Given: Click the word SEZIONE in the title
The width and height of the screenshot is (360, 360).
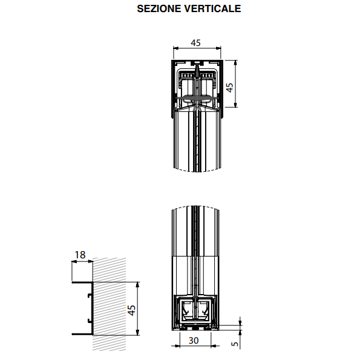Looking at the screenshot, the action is pos(159,8).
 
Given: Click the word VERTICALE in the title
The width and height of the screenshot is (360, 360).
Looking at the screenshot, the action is pos(212,8).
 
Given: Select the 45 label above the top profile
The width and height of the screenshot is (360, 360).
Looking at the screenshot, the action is pos(195,43).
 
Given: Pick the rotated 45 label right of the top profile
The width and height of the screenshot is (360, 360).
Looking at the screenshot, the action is pos(229,87).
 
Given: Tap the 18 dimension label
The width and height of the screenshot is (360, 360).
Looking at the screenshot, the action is pos(80,255).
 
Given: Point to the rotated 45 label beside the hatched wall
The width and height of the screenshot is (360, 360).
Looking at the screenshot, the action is pos(131,310).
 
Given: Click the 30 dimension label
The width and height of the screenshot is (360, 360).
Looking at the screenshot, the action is pos(194,341).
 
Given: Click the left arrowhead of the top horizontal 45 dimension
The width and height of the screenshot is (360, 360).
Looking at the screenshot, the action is pos(176,48).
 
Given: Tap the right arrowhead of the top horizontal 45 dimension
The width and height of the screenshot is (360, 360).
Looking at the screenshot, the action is pos(218,48).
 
